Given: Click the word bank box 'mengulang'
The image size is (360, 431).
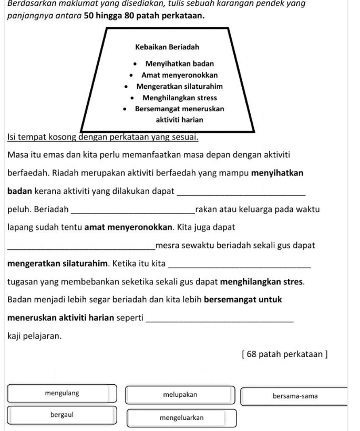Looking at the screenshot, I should (62, 394).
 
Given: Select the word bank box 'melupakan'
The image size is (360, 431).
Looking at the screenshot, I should (180, 394).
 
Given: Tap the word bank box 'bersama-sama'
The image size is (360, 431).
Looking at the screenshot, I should (294, 396).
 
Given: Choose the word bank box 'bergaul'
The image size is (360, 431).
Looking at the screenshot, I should (62, 415).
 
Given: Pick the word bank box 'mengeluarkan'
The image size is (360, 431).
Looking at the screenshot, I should (182, 418).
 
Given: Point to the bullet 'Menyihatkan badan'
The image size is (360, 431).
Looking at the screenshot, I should (176, 64).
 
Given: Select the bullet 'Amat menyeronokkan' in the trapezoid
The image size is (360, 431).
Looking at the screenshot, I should (179, 75).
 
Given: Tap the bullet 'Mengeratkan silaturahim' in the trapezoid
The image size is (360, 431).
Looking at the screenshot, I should (179, 86).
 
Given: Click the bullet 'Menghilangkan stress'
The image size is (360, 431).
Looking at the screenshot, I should (179, 98).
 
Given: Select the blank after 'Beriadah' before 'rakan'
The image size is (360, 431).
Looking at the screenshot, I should (132, 210).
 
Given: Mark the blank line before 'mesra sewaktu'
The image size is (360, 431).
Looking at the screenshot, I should (82, 246).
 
